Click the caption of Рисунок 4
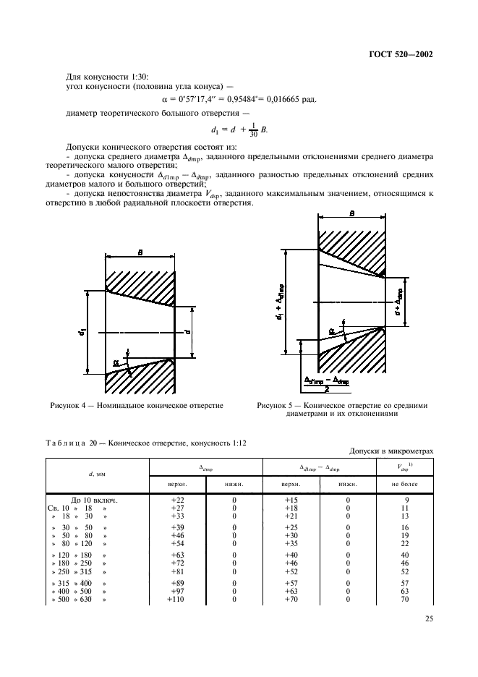136,406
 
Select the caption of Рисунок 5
342,410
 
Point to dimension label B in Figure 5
351,214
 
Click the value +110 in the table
176,600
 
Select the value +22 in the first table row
178,500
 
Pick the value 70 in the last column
405,600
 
